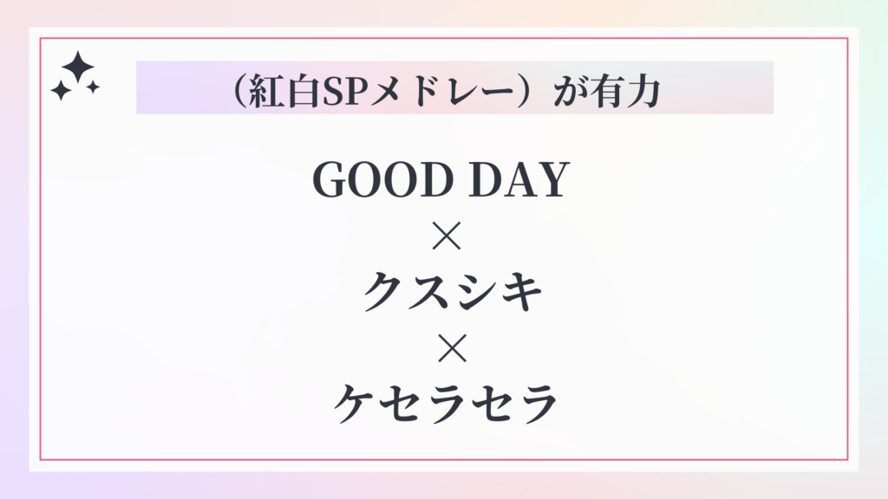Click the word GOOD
click(x=383, y=179)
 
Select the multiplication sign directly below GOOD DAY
click(x=447, y=236)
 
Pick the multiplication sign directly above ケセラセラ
click(x=452, y=347)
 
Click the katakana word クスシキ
click(x=452, y=291)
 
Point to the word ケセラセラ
click(x=446, y=404)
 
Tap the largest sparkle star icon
click(x=78, y=66)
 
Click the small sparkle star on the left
click(x=61, y=90)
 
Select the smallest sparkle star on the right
click(x=93, y=87)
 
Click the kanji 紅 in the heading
click(x=267, y=90)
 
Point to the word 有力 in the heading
click(x=625, y=90)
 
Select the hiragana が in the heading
click(x=569, y=90)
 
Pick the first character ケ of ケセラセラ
click(x=355, y=404)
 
